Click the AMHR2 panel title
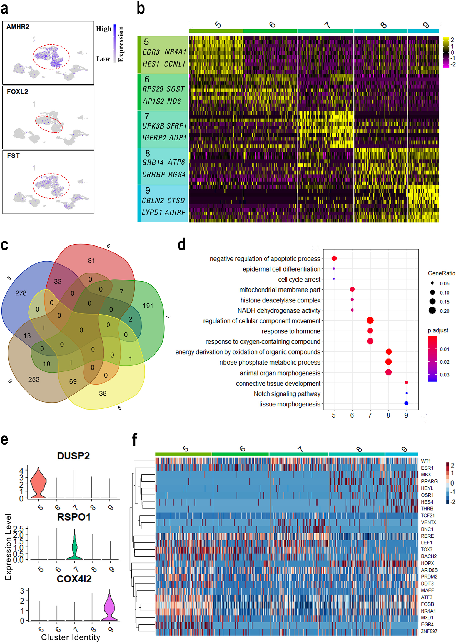[18, 27]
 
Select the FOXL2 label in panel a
[18, 92]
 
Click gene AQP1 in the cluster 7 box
[178, 138]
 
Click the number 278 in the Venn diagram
[21, 293]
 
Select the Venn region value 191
[148, 306]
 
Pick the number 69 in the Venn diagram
[73, 381]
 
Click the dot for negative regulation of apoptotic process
[334, 258]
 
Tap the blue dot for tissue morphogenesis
[406, 403]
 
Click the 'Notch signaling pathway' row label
[287, 394]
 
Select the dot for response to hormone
[370, 331]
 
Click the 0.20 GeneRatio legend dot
[432, 311]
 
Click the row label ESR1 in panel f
[427, 468]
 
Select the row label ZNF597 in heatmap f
[429, 632]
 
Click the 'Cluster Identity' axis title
[71, 637]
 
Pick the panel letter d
[182, 245]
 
